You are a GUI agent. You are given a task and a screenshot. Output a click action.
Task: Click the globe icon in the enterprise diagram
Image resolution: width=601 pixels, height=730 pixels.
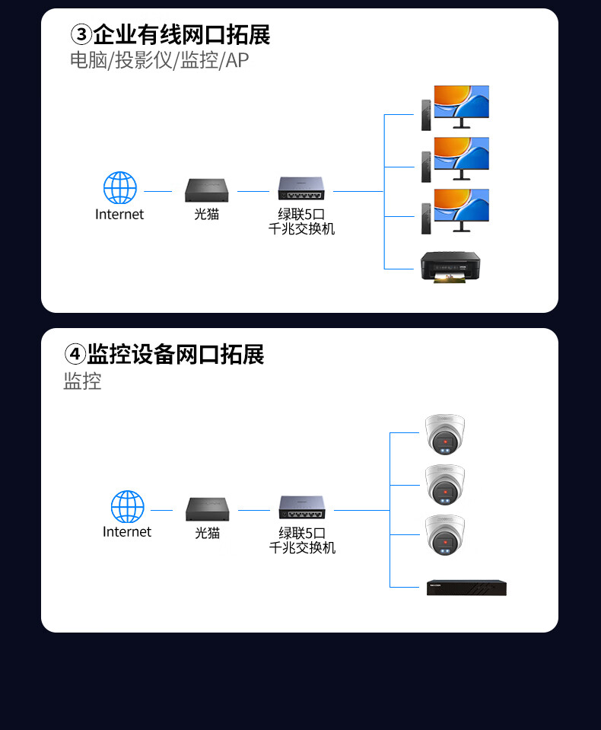[120, 188]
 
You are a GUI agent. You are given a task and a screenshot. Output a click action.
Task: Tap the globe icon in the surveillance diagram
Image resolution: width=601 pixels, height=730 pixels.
[127, 507]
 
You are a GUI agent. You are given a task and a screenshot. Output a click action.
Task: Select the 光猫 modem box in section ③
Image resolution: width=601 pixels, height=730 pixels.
[207, 190]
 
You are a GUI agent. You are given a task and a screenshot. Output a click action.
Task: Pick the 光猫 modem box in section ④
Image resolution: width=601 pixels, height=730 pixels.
[207, 508]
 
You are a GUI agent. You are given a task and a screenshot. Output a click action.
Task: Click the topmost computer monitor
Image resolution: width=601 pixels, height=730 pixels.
[461, 105]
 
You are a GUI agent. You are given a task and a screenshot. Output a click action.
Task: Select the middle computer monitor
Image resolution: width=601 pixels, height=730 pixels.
[461, 157]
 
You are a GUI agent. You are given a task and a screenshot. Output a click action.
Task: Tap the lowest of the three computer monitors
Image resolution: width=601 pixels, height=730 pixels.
[461, 209]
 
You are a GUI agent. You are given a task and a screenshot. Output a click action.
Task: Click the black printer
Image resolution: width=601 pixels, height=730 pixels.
[450, 266]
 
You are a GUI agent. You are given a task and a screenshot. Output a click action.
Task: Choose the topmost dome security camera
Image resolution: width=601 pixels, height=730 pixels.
[444, 434]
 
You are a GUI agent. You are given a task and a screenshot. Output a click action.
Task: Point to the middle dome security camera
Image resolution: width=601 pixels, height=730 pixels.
[444, 485]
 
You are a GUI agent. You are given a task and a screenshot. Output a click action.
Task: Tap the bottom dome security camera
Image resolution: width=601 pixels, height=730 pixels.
[444, 535]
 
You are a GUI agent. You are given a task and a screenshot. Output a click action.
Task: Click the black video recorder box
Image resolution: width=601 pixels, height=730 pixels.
[466, 587]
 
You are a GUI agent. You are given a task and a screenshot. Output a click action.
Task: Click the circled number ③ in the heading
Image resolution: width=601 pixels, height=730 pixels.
[81, 35]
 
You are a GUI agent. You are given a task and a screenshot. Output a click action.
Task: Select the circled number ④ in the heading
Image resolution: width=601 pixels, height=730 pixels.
[75, 355]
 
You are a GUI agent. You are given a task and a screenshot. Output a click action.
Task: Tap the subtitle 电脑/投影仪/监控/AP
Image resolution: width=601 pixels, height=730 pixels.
[159, 60]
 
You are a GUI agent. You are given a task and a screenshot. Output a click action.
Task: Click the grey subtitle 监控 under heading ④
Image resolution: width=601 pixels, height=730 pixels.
[82, 381]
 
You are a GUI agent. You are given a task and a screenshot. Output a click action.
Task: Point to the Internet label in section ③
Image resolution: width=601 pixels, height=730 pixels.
[119, 215]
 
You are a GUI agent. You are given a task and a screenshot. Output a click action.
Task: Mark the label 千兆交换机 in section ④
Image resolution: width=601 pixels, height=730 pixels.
[302, 547]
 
